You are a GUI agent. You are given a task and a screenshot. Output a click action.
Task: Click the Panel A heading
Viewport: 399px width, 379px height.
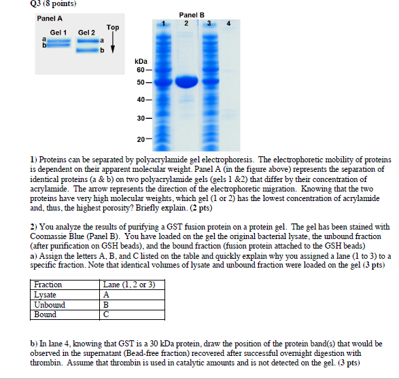(50, 18)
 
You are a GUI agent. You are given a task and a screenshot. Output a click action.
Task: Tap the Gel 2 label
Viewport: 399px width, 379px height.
(86, 32)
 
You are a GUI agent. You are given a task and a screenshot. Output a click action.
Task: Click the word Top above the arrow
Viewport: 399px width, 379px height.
(112, 27)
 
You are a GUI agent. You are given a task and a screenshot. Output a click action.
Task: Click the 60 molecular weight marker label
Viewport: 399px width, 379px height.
(139, 70)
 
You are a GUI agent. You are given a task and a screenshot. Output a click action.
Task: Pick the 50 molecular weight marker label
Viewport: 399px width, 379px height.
(139, 83)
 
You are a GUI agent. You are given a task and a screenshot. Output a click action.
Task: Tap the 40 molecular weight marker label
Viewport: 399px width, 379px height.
(139, 100)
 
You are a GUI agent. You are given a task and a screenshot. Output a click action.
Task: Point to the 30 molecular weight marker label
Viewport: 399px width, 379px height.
(139, 119)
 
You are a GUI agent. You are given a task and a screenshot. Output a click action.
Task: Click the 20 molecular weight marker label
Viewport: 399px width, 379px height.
(139, 139)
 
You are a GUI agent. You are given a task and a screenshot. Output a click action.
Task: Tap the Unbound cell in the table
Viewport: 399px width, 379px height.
(50, 305)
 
